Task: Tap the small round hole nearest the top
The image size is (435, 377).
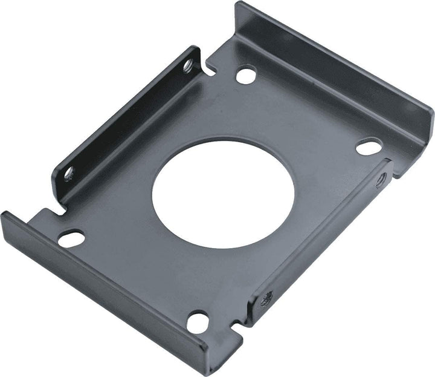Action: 245,75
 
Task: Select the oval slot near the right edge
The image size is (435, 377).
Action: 368,146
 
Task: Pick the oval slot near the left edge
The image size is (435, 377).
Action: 71,238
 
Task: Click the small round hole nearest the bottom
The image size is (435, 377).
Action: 197,321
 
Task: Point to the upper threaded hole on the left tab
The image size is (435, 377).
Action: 188,64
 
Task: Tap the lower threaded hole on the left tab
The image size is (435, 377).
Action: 68,174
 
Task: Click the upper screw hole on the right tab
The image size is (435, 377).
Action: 381,180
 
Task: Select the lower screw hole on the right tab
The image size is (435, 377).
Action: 267,298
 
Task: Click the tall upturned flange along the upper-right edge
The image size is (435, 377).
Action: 338,79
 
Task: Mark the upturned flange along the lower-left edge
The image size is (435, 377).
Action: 103,284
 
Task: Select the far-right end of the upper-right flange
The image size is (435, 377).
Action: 431,118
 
